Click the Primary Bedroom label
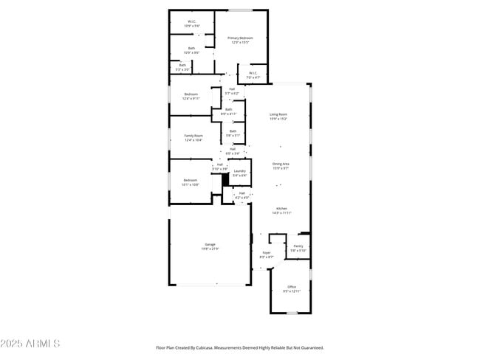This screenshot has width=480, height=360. [240, 38]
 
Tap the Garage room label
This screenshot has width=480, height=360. [210, 244]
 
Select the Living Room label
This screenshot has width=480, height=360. [278, 114]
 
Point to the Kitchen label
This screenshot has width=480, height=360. [281, 209]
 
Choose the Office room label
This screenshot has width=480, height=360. [292, 286]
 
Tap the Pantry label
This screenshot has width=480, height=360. [298, 246]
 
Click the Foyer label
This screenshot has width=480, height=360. [267, 252]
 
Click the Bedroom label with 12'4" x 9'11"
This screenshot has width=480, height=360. [191, 94]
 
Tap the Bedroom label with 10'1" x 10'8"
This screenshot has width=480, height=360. [191, 180]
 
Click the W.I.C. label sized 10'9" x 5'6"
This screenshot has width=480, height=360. [191, 21]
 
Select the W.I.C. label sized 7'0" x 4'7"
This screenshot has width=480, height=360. [252, 73]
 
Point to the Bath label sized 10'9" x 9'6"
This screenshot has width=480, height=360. [191, 49]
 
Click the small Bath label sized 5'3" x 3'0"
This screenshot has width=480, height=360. [182, 65]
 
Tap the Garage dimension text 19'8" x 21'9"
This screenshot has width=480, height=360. [210, 249]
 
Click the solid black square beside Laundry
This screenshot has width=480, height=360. [227, 179]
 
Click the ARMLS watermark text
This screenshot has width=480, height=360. [30, 344]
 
